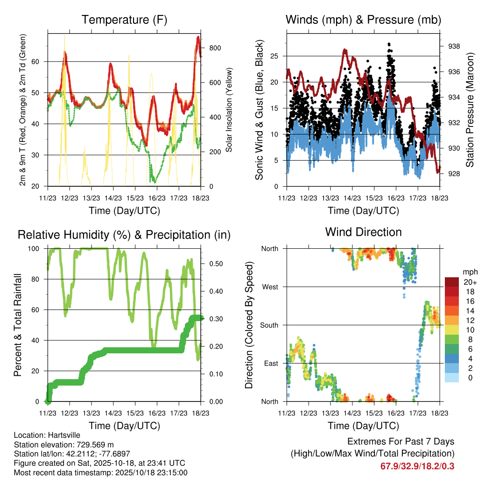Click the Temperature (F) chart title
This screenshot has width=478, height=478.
click(124, 20)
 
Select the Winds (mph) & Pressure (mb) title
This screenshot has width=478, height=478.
click(364, 20)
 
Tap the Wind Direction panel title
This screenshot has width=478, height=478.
click(363, 232)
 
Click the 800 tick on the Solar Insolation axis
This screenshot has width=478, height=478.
click(215, 48)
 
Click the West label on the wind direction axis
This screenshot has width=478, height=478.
click(270, 287)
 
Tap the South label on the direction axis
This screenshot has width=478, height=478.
click(269, 325)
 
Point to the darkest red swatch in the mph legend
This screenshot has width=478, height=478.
click(452, 281)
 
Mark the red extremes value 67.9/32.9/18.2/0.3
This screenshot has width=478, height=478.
click(417, 466)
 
